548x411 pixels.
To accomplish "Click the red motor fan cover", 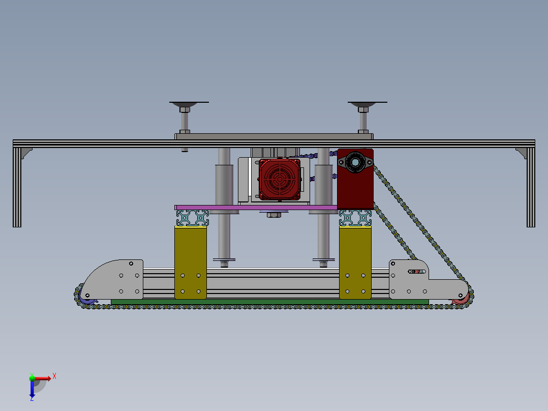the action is click(280, 179).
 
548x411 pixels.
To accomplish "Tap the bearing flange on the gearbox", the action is click(355, 162).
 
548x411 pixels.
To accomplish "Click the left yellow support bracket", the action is click(191, 262).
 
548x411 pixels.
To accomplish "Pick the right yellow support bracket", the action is click(355, 262).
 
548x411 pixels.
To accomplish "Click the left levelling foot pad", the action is click(189, 104).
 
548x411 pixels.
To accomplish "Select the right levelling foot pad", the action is click(367, 104).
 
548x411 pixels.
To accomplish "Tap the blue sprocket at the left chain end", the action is click(86, 298).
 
